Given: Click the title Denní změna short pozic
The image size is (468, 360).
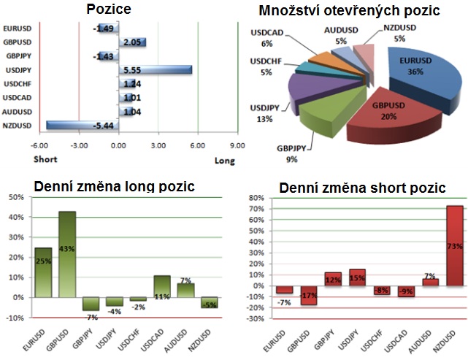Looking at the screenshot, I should (362, 188).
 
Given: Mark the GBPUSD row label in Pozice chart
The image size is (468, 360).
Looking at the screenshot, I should (17, 42).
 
